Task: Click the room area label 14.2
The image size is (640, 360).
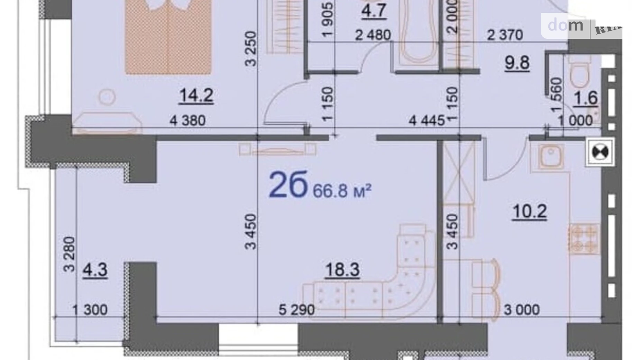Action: point(196,95)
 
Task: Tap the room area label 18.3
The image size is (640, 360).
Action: point(342,269)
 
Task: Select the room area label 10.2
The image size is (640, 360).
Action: point(529,211)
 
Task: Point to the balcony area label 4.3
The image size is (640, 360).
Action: point(95,270)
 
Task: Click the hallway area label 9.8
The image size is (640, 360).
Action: point(517,63)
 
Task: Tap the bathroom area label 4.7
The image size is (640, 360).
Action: point(373,10)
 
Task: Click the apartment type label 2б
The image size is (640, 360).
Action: point(288,185)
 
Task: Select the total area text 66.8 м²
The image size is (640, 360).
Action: point(342,190)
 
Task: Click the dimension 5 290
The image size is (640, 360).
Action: point(296,310)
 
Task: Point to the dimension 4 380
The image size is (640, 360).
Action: point(187,120)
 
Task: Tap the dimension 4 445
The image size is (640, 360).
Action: point(426,120)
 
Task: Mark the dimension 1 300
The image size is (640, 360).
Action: point(90,310)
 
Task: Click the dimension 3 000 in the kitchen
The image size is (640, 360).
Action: point(521,310)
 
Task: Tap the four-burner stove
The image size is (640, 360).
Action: point(583,239)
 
